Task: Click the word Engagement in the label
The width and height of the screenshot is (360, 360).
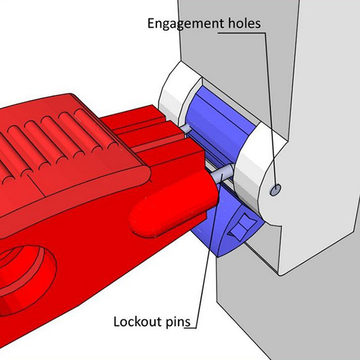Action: pyautogui.click(x=185, y=24)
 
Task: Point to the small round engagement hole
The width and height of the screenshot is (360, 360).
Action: pyautogui.click(x=276, y=190)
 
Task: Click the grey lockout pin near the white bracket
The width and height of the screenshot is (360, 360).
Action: pyautogui.click(x=223, y=175)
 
